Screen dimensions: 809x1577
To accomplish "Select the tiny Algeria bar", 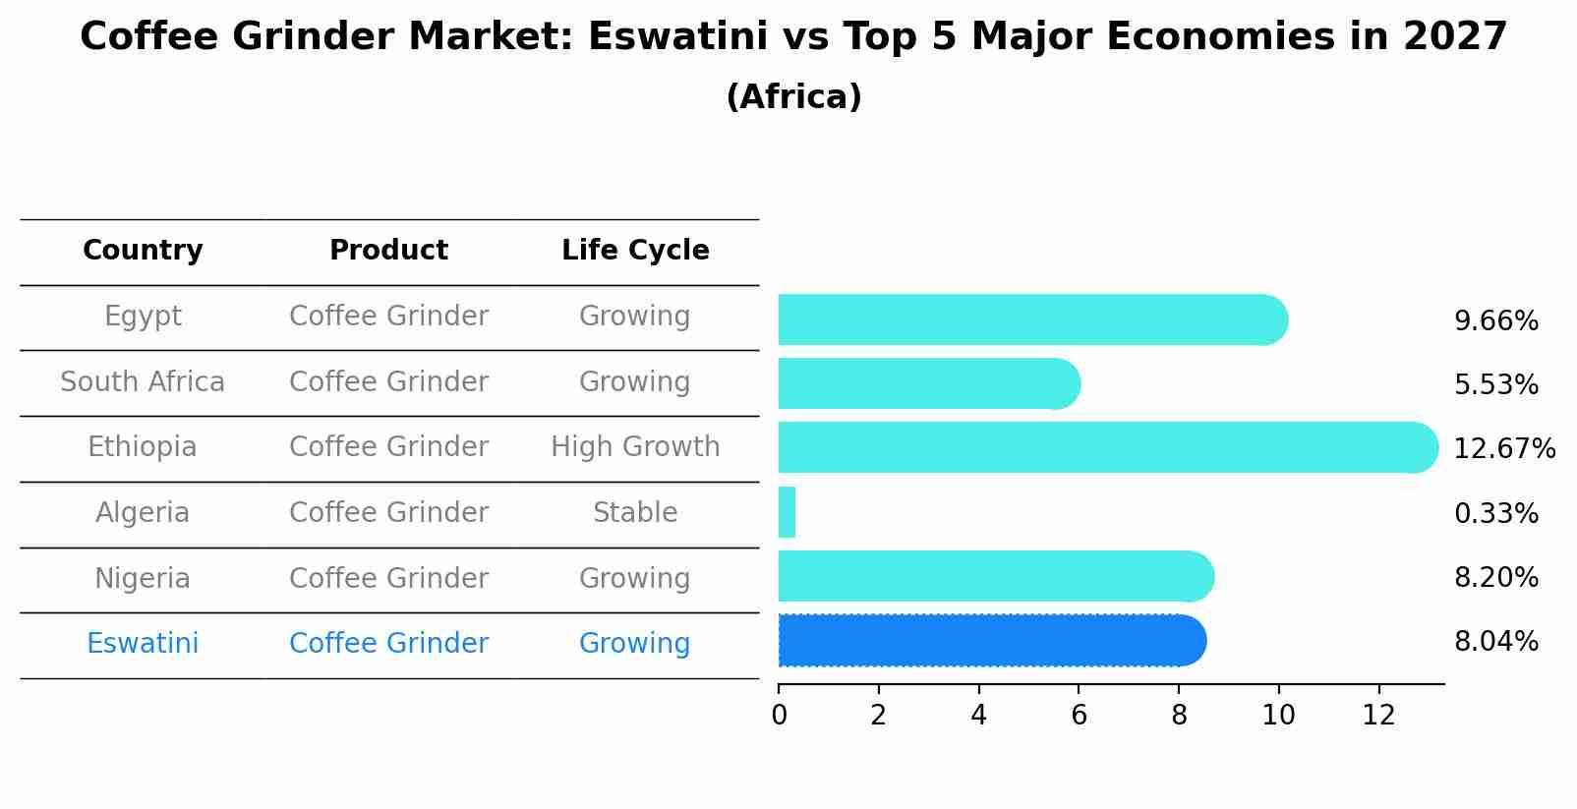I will click(787, 512).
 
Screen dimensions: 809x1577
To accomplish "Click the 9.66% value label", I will click(1495, 321).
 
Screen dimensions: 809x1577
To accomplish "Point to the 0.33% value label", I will click(1495, 513).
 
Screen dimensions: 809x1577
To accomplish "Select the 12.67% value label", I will click(1503, 449).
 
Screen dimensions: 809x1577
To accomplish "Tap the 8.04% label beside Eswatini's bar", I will click(1495, 642).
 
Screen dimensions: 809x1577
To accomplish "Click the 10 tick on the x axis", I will click(1278, 716).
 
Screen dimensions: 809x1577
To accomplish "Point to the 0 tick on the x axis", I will click(779, 716).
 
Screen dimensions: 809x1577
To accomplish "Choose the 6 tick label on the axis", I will click(1079, 716).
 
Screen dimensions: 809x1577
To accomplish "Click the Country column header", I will click(143, 251).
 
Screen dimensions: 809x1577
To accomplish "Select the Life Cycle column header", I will click(635, 251).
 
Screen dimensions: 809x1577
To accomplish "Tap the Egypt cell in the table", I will click(143, 317).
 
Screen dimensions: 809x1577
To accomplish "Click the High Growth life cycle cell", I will click(635, 447).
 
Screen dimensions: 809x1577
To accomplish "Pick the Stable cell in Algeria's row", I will click(635, 513).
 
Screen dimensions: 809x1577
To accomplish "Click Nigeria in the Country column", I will click(143, 578).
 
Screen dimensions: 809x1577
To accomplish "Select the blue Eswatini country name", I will click(143, 644).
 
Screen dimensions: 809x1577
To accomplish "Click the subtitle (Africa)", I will click(793, 97).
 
